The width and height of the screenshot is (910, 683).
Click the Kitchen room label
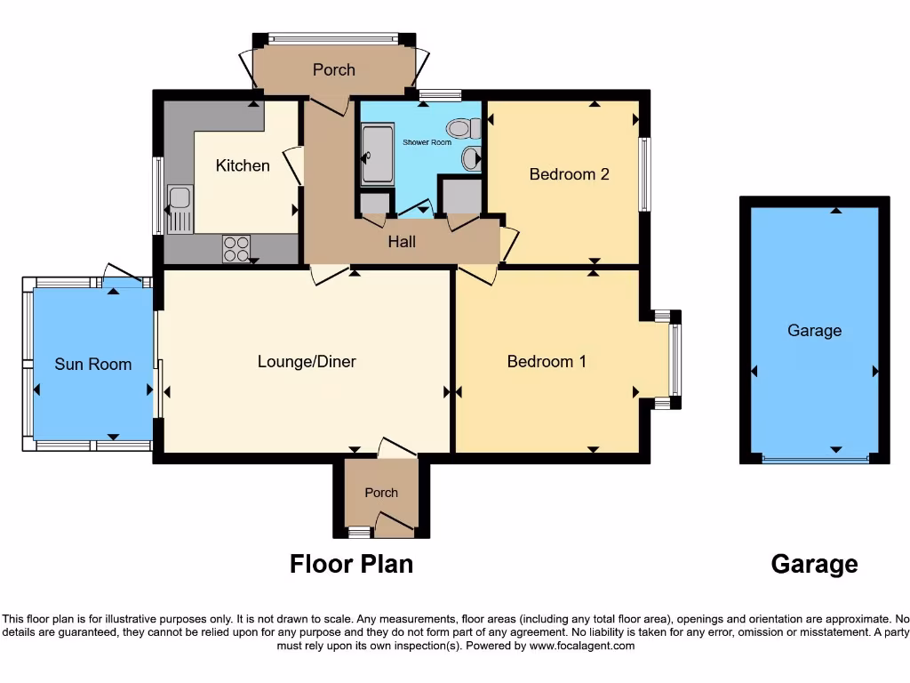(243, 165)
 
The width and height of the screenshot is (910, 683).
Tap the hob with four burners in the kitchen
(236, 248)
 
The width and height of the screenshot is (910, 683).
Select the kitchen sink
(180, 210)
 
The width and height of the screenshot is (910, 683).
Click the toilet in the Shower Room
(463, 130)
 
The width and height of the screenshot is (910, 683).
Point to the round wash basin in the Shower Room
(471, 159)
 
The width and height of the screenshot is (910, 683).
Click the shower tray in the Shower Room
(377, 156)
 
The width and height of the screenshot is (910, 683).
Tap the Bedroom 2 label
(569, 174)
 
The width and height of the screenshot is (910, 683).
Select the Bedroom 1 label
(547, 361)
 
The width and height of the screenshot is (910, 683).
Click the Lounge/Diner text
(307, 361)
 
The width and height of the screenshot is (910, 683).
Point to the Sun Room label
(92, 364)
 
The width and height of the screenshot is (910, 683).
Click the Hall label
(402, 241)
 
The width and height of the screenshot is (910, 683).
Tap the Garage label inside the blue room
(814, 331)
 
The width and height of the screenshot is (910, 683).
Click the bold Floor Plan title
(351, 564)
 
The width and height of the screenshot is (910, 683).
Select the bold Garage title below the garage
(814, 564)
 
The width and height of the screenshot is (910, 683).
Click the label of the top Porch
(333, 69)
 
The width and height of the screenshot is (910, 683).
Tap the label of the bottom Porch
(381, 493)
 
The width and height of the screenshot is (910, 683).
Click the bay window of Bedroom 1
(675, 359)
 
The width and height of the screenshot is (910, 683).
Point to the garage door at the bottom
(815, 459)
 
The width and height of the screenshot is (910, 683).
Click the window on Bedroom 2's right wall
(645, 174)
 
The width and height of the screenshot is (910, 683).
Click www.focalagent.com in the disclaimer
(582, 646)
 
